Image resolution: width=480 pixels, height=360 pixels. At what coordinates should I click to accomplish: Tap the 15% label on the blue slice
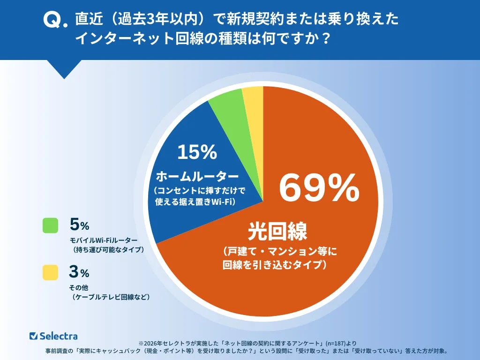pyautogui.click(x=197, y=152)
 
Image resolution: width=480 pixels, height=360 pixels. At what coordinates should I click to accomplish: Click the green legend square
pyautogui.click(x=50, y=225)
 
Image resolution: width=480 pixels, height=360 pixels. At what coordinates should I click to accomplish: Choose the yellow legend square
pyautogui.click(x=50, y=272)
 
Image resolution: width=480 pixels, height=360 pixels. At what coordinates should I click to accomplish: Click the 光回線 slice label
pyautogui.click(x=277, y=231)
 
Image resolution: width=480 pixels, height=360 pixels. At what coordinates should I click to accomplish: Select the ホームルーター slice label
pyautogui.click(x=197, y=177)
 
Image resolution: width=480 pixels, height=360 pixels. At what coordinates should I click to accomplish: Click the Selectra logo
pyautogui.click(x=53, y=336)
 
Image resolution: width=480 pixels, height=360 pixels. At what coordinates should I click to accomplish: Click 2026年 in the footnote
pyautogui.click(x=154, y=343)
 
